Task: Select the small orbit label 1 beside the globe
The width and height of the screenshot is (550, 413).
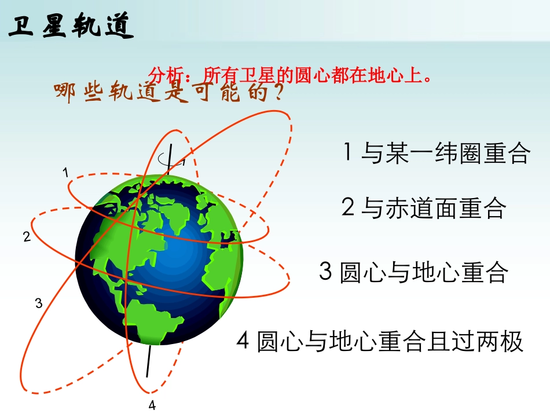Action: click(x=66, y=172)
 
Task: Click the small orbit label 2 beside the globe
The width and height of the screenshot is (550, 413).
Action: click(x=27, y=236)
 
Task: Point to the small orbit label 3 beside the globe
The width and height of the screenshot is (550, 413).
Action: click(x=39, y=302)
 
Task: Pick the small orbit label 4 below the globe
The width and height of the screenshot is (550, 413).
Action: click(x=152, y=405)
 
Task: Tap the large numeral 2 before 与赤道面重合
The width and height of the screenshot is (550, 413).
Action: click(x=347, y=207)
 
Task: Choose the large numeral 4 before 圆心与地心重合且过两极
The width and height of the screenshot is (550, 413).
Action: click(x=243, y=341)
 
